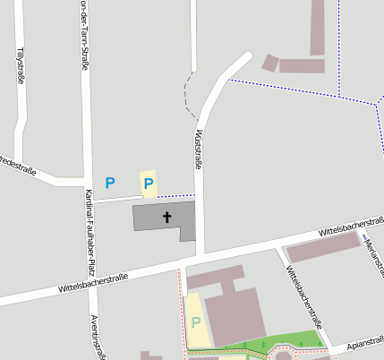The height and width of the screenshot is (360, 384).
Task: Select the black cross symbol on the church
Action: pyautogui.click(x=166, y=217)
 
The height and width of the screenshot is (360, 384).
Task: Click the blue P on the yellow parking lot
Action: pyautogui.click(x=149, y=184)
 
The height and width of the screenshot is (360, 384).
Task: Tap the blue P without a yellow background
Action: pyautogui.click(x=110, y=183)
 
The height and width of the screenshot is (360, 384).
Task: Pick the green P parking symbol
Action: pyautogui.click(x=195, y=322)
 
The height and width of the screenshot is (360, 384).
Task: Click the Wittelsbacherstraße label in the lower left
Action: pyautogui.click(x=93, y=283)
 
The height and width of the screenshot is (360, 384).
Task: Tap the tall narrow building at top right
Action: pyautogui.click(x=318, y=27)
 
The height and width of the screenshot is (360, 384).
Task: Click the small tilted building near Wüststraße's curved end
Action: pyautogui.click(x=269, y=63)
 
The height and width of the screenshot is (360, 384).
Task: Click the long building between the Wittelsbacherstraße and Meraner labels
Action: pyautogui.click(x=321, y=248)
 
